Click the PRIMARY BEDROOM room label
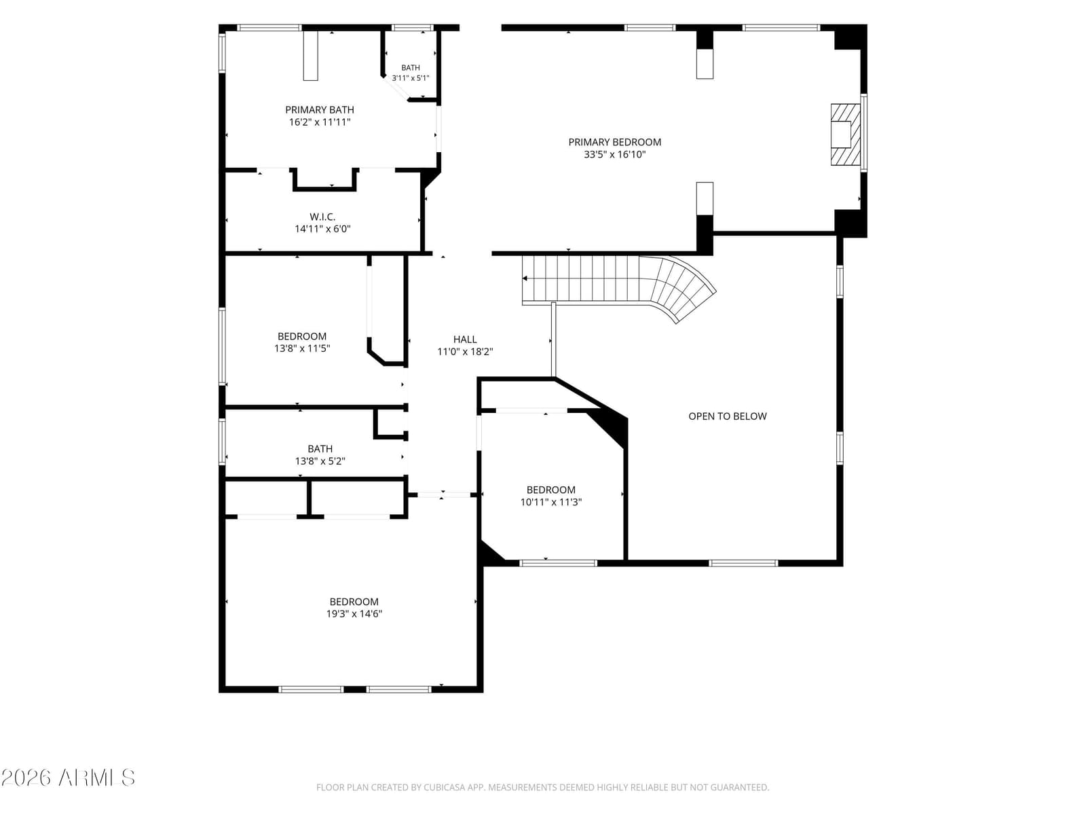click(x=614, y=142)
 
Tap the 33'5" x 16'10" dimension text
click(x=614, y=154)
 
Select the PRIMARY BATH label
click(x=320, y=110)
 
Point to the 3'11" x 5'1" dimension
click(x=410, y=78)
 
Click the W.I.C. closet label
click(x=322, y=217)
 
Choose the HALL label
click(x=465, y=340)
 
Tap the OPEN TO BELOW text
click(x=728, y=416)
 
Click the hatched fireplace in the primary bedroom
click(x=845, y=134)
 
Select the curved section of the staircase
click(x=679, y=287)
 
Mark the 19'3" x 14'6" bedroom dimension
click(x=354, y=614)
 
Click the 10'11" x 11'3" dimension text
click(x=550, y=503)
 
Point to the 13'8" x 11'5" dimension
click(x=302, y=348)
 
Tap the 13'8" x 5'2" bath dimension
click(x=320, y=461)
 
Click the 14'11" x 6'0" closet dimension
click(x=322, y=229)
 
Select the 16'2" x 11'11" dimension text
click(x=320, y=122)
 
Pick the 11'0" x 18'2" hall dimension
click(x=465, y=352)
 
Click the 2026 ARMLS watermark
click(x=68, y=778)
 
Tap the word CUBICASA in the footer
click(x=443, y=787)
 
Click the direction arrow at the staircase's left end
click(x=525, y=278)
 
